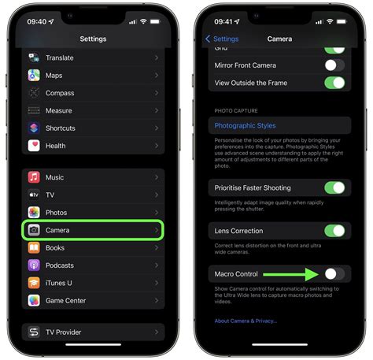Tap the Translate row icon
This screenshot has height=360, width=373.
(35, 58)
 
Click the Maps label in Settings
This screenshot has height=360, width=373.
(54, 76)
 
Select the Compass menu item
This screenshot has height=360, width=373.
(60, 93)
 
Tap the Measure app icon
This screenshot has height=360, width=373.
(35, 111)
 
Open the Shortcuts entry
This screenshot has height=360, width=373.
(61, 128)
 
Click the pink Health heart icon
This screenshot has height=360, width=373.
(35, 146)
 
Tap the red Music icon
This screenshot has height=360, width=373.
(35, 178)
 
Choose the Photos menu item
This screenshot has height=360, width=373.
(56, 213)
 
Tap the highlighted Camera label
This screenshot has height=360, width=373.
(57, 230)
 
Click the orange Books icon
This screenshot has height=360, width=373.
(35, 247)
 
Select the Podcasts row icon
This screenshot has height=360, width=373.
(35, 265)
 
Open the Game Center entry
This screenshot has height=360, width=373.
(65, 300)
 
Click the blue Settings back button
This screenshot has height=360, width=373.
(222, 39)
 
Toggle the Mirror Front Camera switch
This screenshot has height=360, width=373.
(334, 65)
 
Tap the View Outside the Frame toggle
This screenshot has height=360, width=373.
(334, 83)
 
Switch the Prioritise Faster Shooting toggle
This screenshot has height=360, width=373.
(334, 188)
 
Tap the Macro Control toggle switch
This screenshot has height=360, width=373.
(334, 273)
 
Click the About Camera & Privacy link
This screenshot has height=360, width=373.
(246, 321)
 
